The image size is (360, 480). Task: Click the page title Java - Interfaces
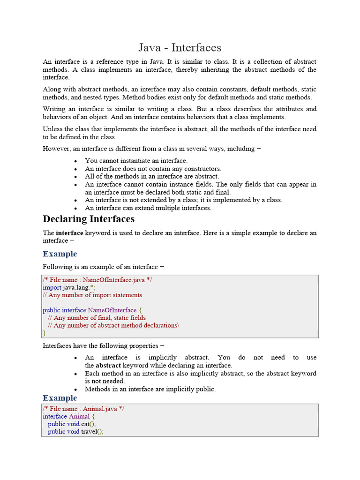pos(180,47)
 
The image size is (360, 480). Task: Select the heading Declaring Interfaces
pos(89,219)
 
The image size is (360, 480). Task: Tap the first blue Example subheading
pos(60,254)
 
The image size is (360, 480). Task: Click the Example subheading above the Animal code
pos(60,398)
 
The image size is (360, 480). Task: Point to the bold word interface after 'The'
pos(69,233)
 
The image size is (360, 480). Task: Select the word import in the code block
pos(52,287)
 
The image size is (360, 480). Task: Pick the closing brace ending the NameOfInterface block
pos(45,333)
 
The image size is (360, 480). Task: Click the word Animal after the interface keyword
pos(79,416)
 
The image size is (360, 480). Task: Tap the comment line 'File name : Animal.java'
pos(83,409)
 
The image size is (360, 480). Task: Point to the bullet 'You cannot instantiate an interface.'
pos(136,161)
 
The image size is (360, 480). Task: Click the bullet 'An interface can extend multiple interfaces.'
pos(148,208)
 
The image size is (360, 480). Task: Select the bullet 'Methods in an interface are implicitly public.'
pos(150,389)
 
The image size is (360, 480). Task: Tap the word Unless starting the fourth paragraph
pos(52,129)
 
